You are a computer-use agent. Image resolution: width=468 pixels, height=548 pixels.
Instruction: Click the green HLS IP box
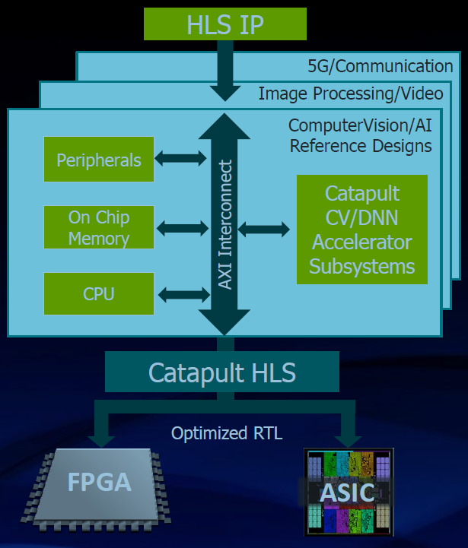coord(224,24)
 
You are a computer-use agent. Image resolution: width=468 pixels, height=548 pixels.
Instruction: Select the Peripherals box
coord(99,160)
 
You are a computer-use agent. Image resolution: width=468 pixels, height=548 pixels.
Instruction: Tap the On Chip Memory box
coord(99,228)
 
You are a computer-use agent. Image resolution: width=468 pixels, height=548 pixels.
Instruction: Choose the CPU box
coord(99,293)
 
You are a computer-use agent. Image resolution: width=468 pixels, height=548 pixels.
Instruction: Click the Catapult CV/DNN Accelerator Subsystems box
coord(361,230)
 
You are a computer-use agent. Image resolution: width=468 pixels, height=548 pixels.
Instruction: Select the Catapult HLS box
coord(222,372)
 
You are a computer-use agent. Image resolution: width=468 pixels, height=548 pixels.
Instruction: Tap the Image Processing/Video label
coord(350,93)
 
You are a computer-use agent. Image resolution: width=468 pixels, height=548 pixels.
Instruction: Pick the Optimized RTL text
coord(227,433)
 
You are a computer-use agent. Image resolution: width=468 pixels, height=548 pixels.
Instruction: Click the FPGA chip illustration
coord(99,486)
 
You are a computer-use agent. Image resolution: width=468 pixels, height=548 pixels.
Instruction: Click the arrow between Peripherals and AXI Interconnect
coord(180,159)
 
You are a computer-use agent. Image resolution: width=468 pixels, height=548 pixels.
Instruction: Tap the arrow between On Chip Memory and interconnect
coord(182,227)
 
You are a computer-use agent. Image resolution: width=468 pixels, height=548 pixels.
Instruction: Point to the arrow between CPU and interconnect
coord(182,293)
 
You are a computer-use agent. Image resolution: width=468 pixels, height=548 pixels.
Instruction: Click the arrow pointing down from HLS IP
coord(224,72)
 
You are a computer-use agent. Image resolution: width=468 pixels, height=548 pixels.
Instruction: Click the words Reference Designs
coord(361,145)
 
